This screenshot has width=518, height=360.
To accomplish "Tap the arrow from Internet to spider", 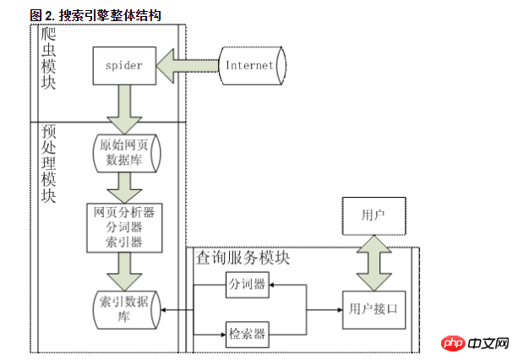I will [x=188, y=65].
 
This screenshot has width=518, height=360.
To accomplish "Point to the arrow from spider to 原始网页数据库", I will [x=125, y=106].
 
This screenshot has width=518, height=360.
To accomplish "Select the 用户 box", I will [x=373, y=216].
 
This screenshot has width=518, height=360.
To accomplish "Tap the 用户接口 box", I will [x=373, y=309].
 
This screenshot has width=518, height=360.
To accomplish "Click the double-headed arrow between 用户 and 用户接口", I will [x=373, y=262].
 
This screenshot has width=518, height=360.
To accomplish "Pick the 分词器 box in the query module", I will [x=248, y=286].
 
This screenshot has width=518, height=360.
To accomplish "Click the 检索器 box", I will [x=248, y=333].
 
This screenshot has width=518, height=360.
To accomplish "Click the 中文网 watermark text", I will [x=488, y=344].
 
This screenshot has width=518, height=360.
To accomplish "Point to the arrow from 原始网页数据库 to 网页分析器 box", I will [x=125, y=187].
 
